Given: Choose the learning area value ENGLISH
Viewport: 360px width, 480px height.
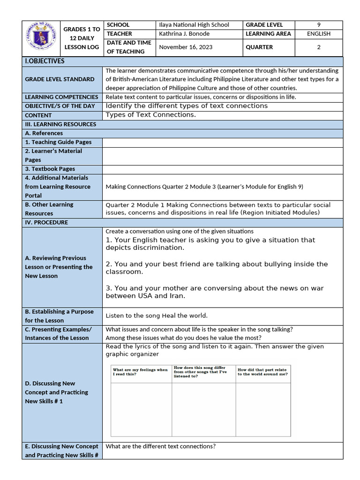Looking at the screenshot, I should pyautogui.click(x=318, y=34).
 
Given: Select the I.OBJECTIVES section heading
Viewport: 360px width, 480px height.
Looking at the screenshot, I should pyautogui.click(x=45, y=61).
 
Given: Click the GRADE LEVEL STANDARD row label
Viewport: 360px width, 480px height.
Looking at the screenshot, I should pyautogui.click(x=60, y=79).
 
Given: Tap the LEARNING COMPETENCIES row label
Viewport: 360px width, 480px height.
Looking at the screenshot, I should pyautogui.click(x=61, y=97).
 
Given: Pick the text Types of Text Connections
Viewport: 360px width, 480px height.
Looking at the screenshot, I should pyautogui.click(x=150, y=115).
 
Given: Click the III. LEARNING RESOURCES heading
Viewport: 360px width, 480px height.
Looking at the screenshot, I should pyautogui.click(x=60, y=124).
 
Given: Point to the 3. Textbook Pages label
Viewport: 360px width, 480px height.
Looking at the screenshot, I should pyautogui.click(x=50, y=169).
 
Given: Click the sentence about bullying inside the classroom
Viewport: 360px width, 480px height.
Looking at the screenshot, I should pyautogui.click(x=217, y=268).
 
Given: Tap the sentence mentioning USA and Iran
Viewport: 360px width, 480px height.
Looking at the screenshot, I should pyautogui.click(x=214, y=292).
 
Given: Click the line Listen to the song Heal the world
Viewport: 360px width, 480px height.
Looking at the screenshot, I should pyautogui.click(x=157, y=316).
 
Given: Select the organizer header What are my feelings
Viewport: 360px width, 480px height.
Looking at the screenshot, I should pyautogui.click(x=140, y=372).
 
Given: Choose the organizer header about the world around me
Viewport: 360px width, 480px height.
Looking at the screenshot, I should pyautogui.click(x=262, y=372).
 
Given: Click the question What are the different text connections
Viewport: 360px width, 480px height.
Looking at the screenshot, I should pyautogui.click(x=160, y=446).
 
